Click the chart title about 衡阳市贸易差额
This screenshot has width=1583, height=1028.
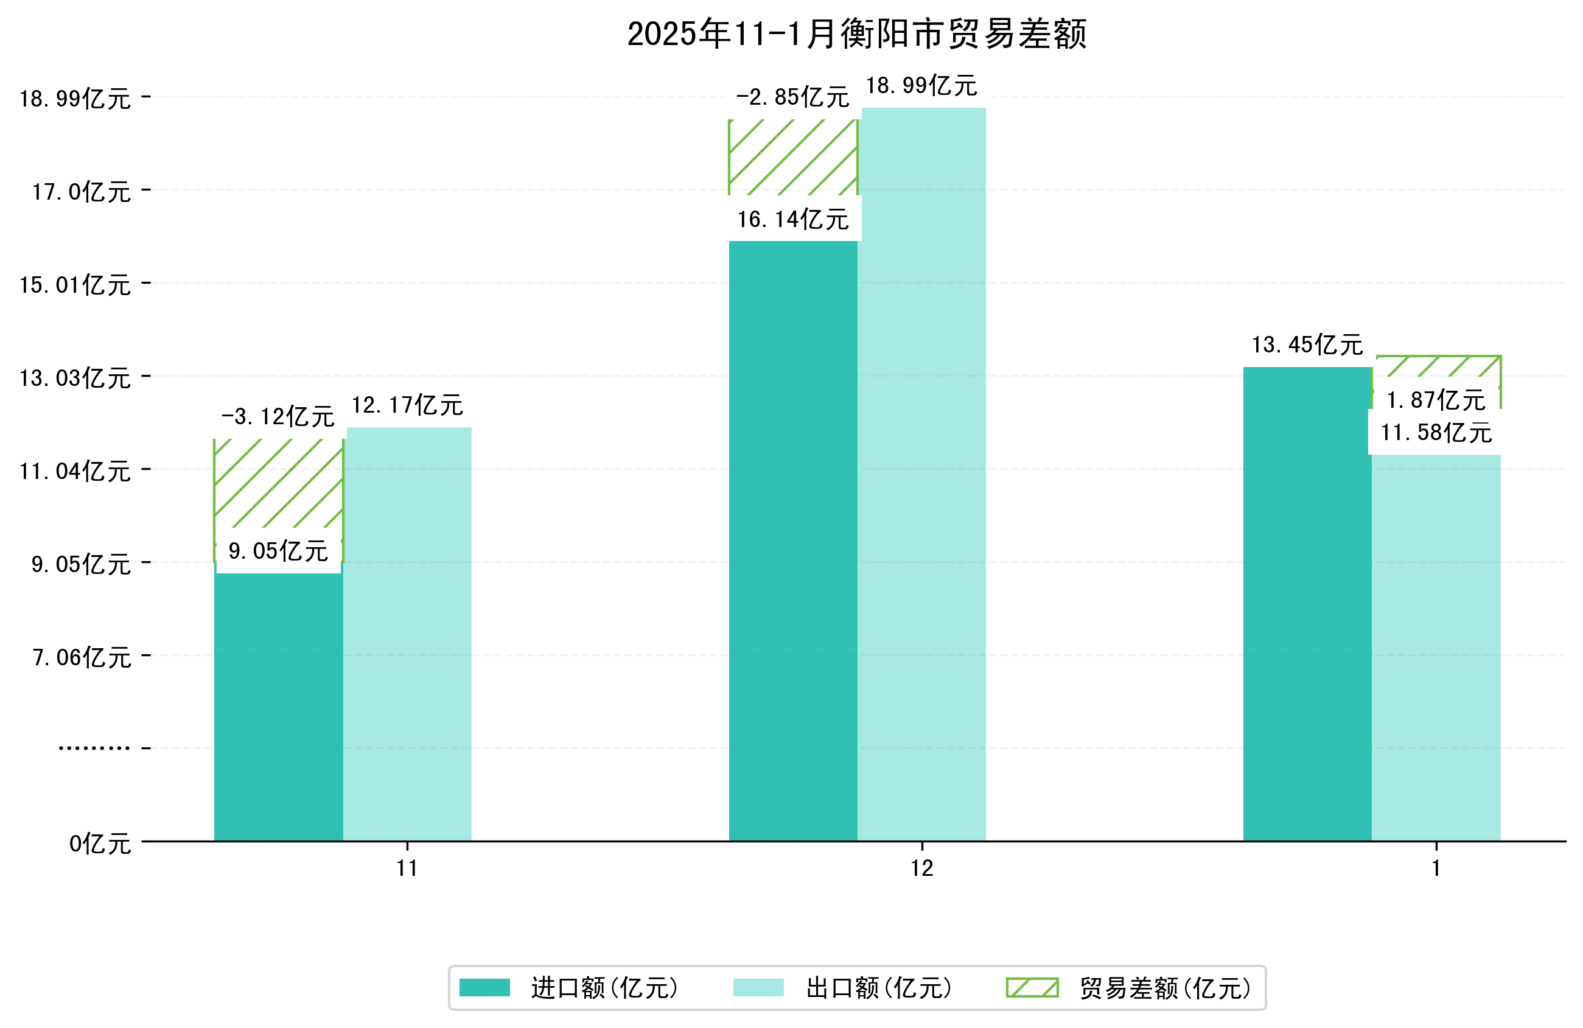click(x=857, y=34)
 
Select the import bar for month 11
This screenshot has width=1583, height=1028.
click(x=278, y=705)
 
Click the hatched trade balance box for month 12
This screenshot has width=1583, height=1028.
click(x=793, y=157)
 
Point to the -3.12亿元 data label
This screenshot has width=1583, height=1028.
click(x=278, y=417)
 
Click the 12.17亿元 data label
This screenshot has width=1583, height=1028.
click(x=407, y=405)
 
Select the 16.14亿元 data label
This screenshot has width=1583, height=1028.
click(x=793, y=220)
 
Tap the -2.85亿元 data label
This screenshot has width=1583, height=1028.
click(x=793, y=98)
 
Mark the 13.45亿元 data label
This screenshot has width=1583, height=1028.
click(x=1307, y=344)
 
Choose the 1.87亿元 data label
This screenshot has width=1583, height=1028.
click(x=1435, y=400)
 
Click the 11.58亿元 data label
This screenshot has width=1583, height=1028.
click(x=1435, y=433)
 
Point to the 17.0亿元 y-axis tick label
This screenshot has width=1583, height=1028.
click(x=82, y=192)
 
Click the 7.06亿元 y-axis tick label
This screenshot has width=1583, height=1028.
click(x=82, y=657)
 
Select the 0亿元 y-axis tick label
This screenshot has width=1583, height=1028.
click(x=100, y=844)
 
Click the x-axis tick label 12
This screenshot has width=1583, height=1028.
click(x=922, y=869)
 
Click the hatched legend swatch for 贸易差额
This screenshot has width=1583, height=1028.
click(x=1032, y=988)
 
